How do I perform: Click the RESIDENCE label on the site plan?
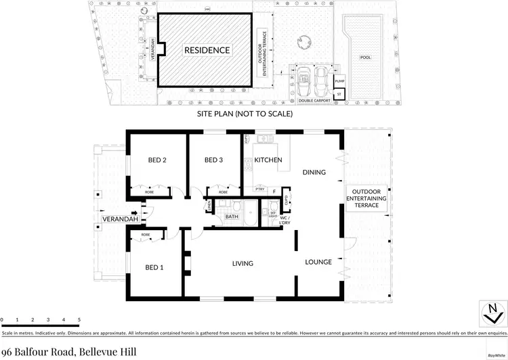pos(207,50)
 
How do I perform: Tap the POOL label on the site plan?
pos(366,58)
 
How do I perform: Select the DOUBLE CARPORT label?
pos(314,100)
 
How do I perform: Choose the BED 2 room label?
pos(157,160)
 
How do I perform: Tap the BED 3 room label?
pos(214,160)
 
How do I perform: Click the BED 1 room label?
pos(155,268)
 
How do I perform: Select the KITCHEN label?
pos(268,160)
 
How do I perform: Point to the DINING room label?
pos(314,172)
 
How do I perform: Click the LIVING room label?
pos(242,263)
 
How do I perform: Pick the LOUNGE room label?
pos(318,261)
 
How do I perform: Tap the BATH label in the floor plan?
pos(232,217)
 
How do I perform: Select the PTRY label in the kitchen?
pos(258,191)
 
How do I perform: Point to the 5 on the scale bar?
pos(79,319)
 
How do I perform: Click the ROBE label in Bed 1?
pos(146,235)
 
